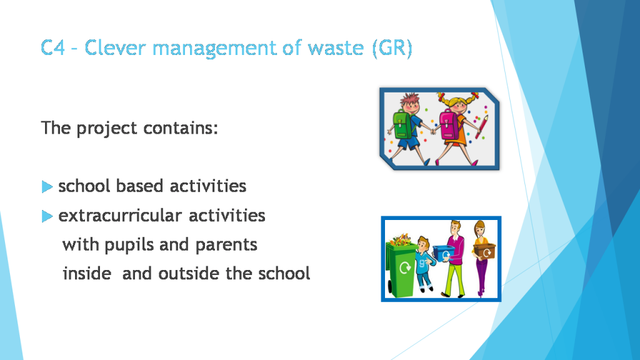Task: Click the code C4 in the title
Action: pos(54,48)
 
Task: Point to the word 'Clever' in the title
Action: pos(115,48)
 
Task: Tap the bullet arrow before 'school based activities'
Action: pos(47,186)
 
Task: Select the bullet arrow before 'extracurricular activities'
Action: pos(47,216)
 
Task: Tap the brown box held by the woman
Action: pos(484,249)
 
